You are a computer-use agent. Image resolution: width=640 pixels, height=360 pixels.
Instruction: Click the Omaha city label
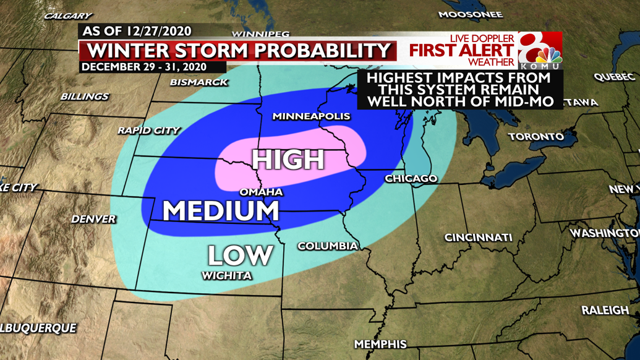pos(261,192)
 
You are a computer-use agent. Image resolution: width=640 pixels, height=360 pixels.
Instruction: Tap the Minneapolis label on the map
pos(311,116)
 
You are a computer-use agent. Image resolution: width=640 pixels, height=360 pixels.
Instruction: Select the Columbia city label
pos(327,246)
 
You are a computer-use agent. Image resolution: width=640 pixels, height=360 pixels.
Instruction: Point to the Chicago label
pos(411,179)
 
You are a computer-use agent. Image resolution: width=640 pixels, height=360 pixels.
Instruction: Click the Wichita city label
pos(226,276)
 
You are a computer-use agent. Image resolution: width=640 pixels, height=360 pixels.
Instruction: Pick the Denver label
pos(93,219)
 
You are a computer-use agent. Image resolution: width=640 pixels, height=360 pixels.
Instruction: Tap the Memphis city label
pos(380,344)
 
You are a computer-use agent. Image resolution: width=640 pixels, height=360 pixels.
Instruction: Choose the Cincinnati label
pos(478,238)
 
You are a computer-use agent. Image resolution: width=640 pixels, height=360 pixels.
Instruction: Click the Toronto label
pos(535,137)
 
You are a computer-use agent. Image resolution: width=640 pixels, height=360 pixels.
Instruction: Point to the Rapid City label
pos(148,131)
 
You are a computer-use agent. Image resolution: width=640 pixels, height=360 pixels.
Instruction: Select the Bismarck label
pos(198,82)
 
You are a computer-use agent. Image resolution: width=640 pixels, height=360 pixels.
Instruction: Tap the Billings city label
pos(84,96)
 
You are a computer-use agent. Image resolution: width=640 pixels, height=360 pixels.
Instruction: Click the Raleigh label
pos(605,311)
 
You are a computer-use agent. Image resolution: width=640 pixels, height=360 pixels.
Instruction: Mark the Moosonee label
pos(470,14)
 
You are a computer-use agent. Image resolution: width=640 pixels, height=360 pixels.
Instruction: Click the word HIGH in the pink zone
pos(288,160)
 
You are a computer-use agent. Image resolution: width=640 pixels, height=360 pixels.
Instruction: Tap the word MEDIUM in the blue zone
pos(221,212)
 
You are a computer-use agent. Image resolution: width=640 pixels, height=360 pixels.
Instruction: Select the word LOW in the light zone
pos(240,255)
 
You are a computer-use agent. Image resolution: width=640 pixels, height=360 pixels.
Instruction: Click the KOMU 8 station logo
pos(540,51)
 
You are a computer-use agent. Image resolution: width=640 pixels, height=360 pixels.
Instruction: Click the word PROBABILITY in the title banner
pos(321,50)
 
